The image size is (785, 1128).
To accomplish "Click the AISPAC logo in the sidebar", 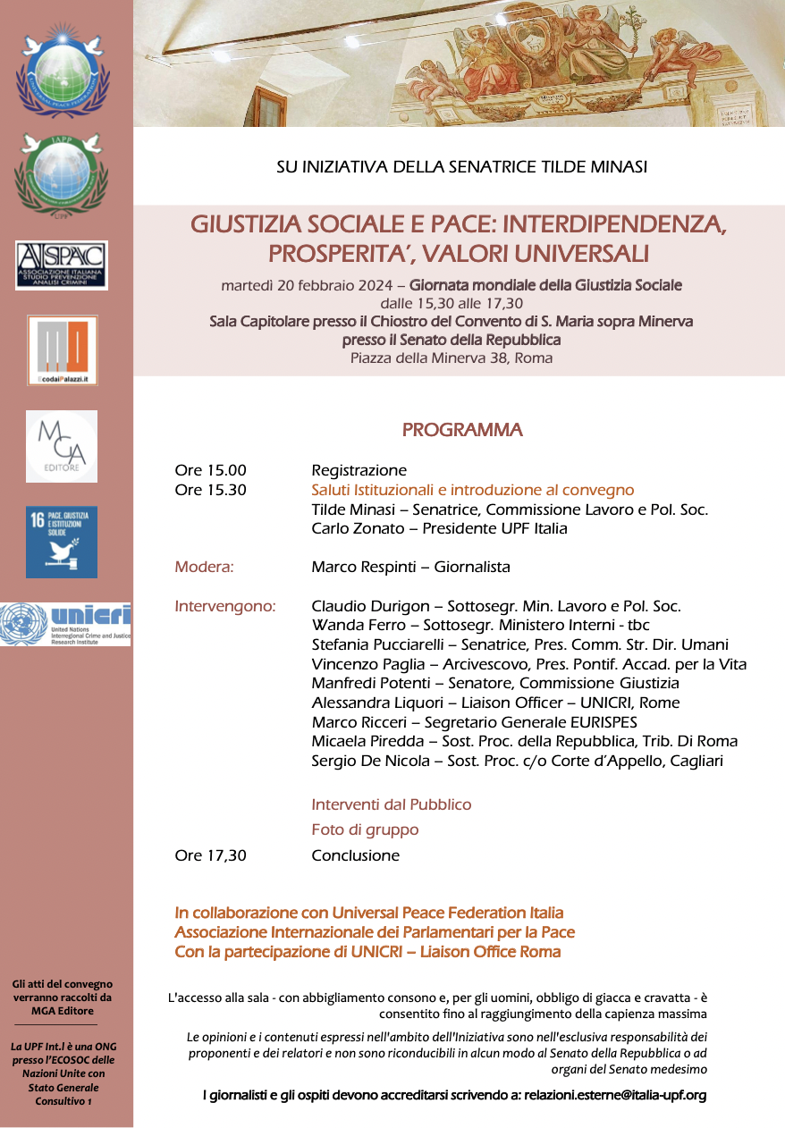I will pos(62,265).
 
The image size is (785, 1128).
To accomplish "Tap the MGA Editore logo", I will pos(62,446).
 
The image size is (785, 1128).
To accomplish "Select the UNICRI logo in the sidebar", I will pos(65,624).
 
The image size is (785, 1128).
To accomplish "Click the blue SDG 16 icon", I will pos(62,542).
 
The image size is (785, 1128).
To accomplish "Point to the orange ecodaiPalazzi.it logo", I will pos(62,349).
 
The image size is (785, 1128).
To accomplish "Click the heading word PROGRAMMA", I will pos(462,430).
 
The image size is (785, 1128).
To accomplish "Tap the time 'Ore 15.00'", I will pos(211,471).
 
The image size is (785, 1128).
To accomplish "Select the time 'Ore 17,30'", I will pos(211,856).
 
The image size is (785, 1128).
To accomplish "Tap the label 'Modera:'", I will pos(205,568).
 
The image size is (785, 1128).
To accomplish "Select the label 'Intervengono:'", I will pos(225,607).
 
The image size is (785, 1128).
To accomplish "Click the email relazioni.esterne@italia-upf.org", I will pos(615,1095).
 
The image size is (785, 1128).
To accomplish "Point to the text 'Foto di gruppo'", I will pos(365,830).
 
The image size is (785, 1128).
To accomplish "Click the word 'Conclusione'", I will pos(355,856).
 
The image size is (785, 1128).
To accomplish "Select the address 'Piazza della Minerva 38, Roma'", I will pos(452,358).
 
